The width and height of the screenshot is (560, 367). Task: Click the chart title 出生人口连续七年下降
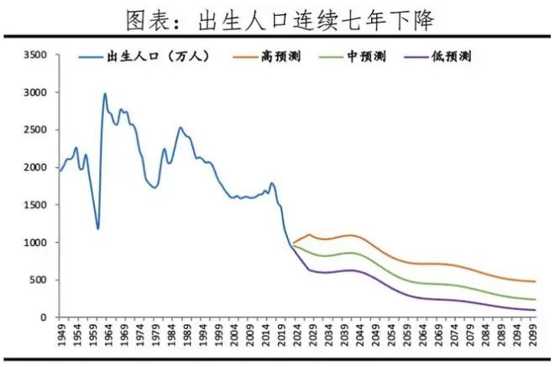[x=280, y=18]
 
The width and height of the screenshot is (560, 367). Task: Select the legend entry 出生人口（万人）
[x=156, y=57]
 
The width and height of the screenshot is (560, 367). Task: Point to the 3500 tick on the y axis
[x=36, y=55]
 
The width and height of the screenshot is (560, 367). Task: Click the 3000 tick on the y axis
[x=36, y=92]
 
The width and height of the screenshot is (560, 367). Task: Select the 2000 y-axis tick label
[x=36, y=167]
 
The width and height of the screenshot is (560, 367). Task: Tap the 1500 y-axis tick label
[x=36, y=205]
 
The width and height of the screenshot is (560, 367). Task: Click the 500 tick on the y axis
[x=39, y=280]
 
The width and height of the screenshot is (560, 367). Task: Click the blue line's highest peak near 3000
[x=105, y=93]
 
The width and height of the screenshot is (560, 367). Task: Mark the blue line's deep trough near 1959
[x=98, y=228]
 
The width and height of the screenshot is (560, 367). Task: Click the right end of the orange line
[x=535, y=282]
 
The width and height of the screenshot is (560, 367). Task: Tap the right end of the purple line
[x=535, y=310]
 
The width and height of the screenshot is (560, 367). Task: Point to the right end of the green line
[x=535, y=300]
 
